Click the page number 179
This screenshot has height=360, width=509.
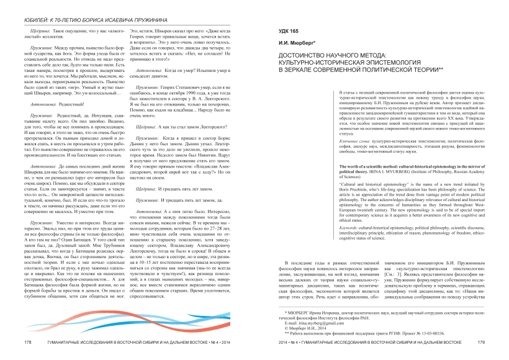point(481,342)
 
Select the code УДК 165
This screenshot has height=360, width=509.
point(280,30)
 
